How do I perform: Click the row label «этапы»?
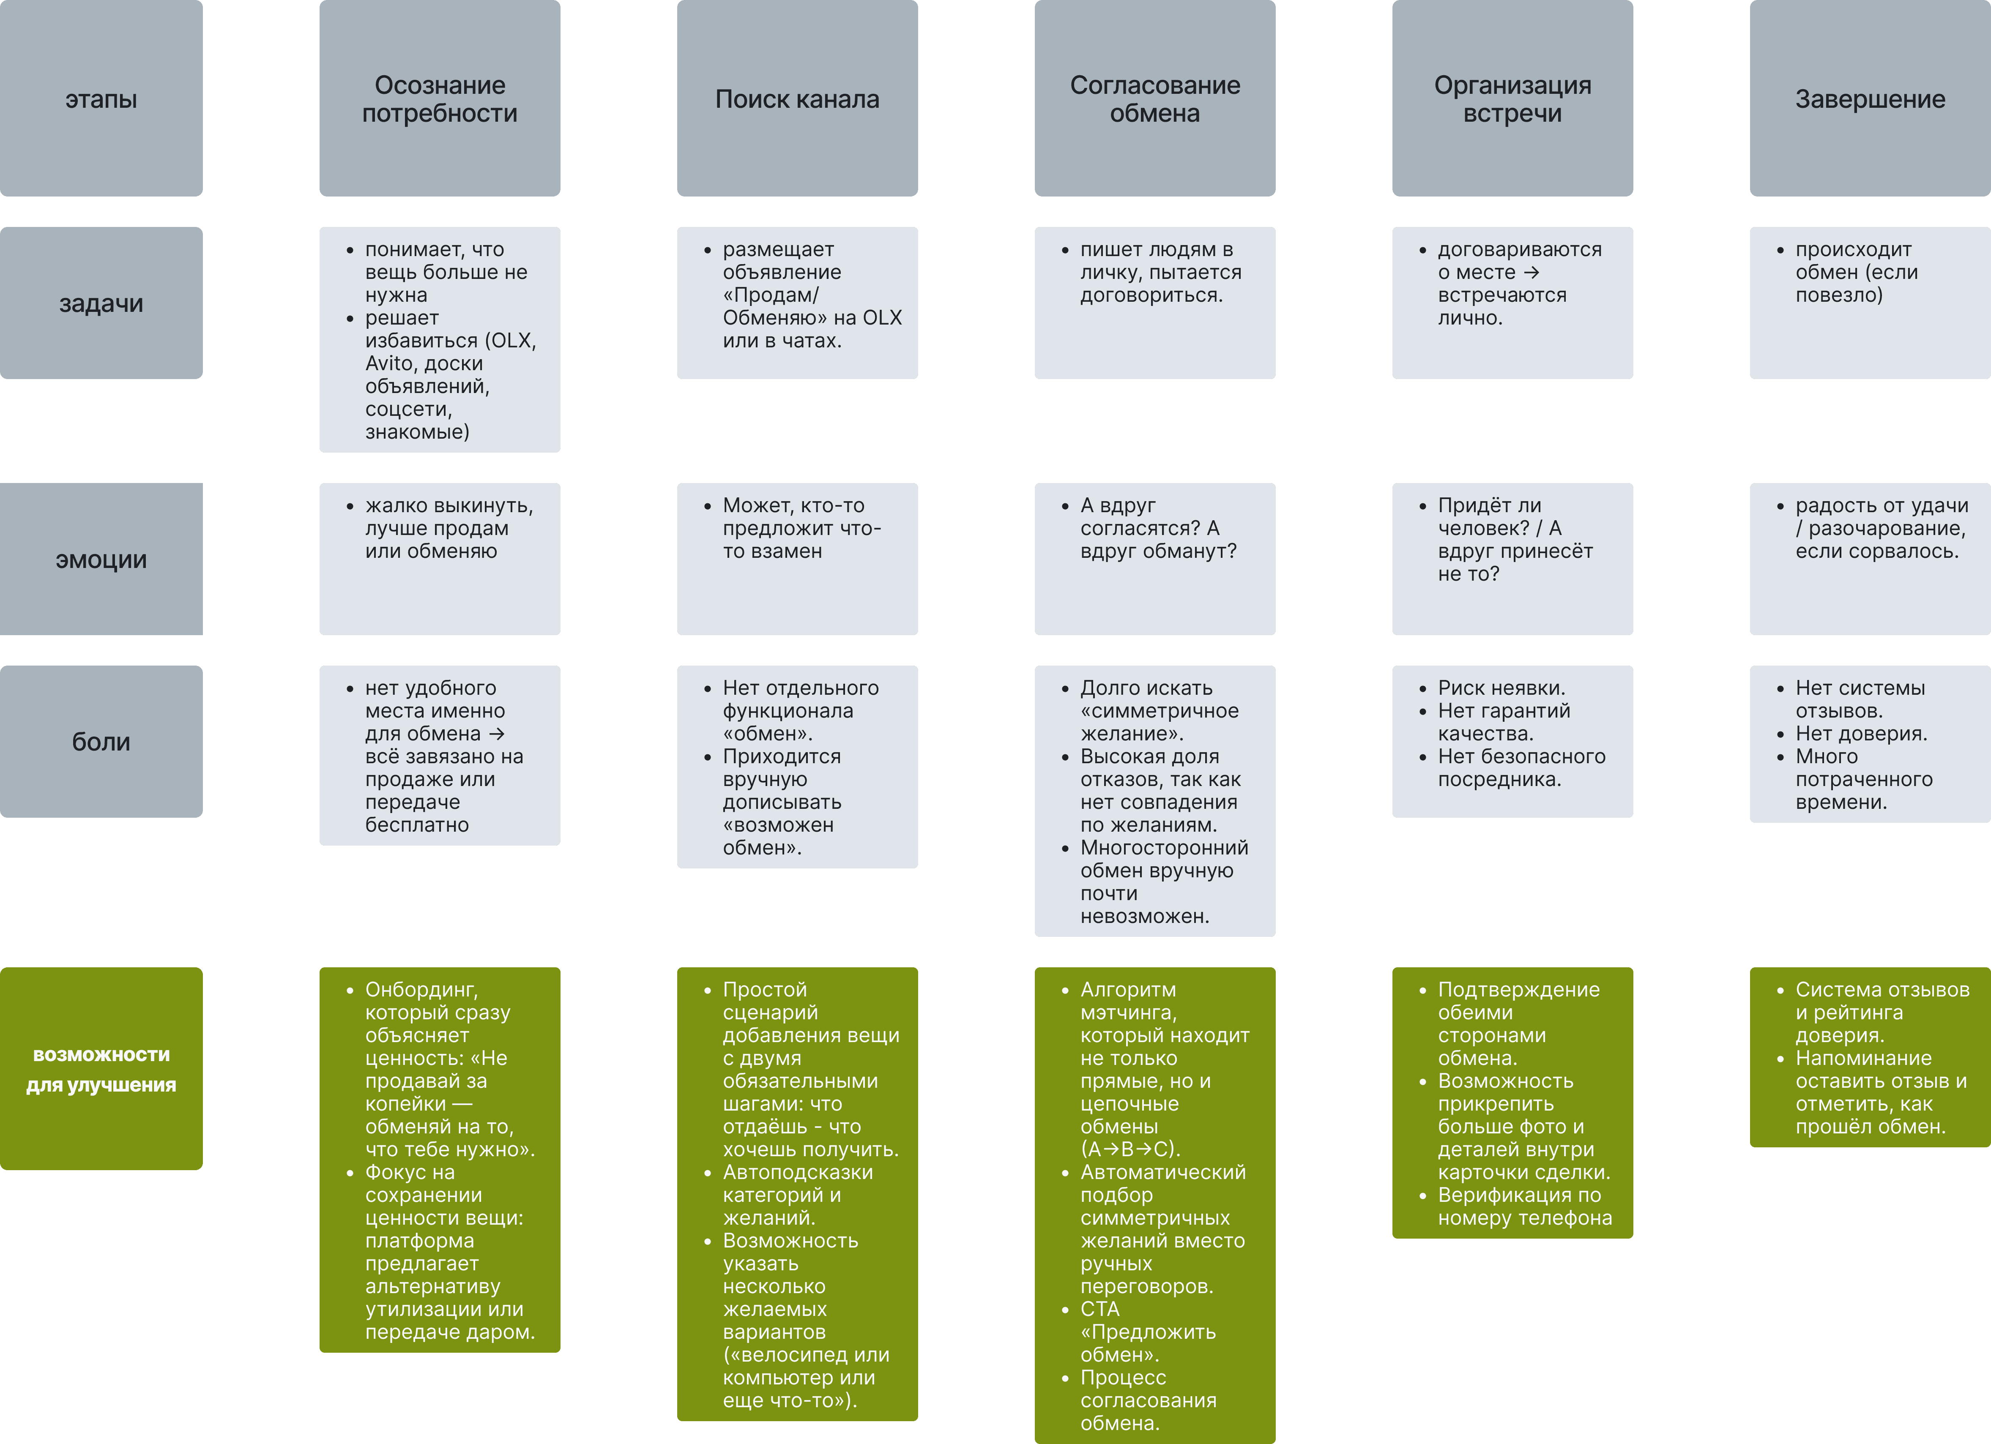(x=101, y=99)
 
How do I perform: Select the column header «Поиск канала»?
(x=797, y=99)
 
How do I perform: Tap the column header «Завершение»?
(x=1870, y=99)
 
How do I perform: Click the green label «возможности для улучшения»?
(x=101, y=1069)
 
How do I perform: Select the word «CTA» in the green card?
(x=1100, y=1309)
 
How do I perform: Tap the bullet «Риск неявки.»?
(x=1501, y=688)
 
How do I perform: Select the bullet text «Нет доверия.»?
(x=1861, y=734)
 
